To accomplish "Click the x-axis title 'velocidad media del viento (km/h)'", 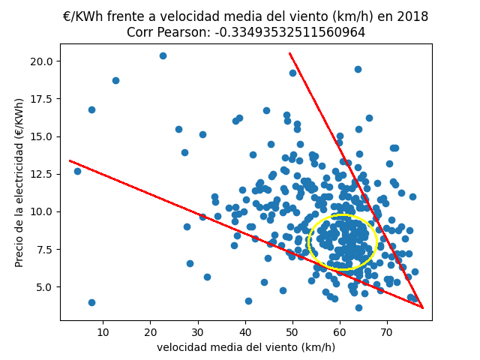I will pyautogui.click(x=246, y=347).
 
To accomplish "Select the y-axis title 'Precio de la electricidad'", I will pyautogui.click(x=19, y=182).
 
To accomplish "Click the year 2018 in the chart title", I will pyautogui.click(x=412, y=16).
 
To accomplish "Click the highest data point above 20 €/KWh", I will pyautogui.click(x=163, y=55).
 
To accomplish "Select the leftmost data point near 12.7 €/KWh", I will pyautogui.click(x=77, y=171).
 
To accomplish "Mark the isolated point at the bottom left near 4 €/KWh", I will pyautogui.click(x=91, y=302).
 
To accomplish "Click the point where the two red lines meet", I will pyautogui.click(x=423, y=307).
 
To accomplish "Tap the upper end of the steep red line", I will pyautogui.click(x=289, y=53).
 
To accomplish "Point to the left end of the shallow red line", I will pyautogui.click(x=70, y=160).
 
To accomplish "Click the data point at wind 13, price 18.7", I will pyautogui.click(x=115, y=80).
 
